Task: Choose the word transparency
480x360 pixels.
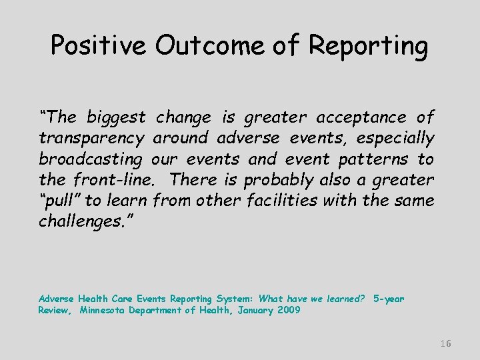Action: [91, 139]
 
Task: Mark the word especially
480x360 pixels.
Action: [395, 139]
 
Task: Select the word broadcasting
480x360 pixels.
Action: [91, 159]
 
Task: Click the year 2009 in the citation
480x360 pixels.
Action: [288, 311]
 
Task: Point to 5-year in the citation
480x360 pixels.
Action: [389, 299]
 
